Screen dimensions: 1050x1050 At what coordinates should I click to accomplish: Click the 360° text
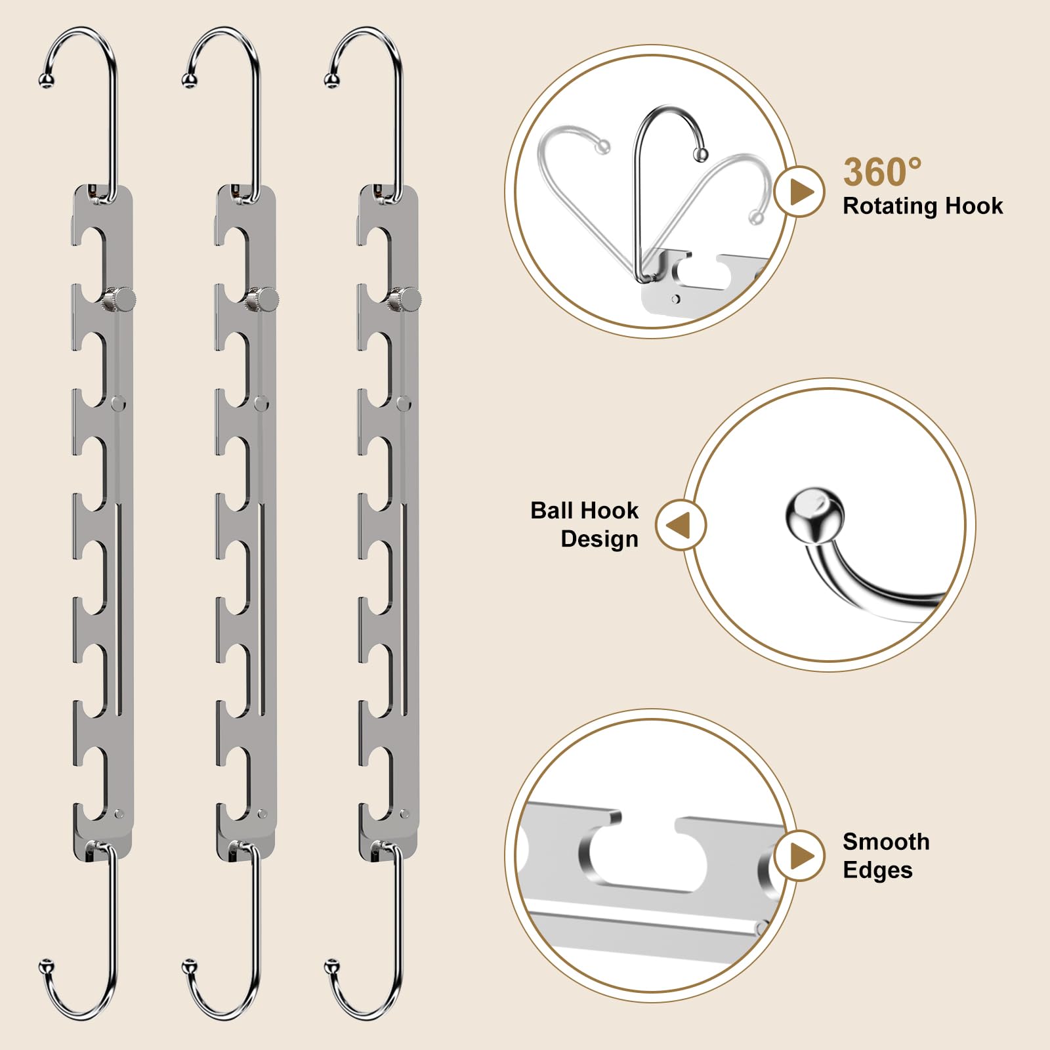(882, 173)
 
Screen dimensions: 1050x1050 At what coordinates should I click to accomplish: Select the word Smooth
(886, 842)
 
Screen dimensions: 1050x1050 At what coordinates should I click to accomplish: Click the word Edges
(877, 870)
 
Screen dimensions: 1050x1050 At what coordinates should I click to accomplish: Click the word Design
(599, 539)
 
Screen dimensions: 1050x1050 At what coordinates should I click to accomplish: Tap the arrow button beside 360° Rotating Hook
(799, 192)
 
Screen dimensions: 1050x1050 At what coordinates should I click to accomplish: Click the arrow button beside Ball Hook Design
(681, 525)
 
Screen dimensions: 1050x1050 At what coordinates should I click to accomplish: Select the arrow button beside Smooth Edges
(799, 856)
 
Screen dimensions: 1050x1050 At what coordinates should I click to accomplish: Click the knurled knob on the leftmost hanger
(119, 299)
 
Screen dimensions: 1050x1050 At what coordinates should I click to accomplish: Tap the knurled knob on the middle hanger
(263, 299)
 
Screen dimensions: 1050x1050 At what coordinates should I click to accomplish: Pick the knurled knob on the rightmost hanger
(406, 299)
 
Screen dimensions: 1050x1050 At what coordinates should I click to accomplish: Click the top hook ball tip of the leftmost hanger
(47, 81)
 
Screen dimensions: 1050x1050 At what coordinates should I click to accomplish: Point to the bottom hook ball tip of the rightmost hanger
(332, 967)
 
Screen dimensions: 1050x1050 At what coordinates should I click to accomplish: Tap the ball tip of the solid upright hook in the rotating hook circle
(701, 155)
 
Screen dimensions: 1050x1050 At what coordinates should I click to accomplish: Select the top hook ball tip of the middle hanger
(190, 81)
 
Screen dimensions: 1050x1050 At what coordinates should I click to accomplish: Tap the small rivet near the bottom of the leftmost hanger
(119, 814)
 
